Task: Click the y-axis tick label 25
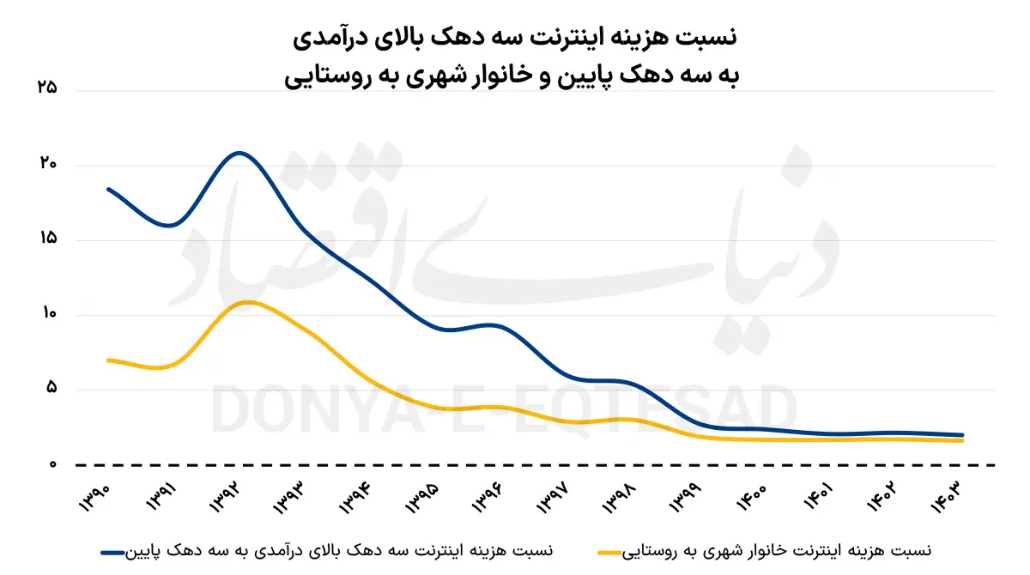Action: pos(48,88)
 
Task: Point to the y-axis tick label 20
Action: pos(48,164)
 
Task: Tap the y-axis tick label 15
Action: pos(48,239)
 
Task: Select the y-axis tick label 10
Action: pos(48,314)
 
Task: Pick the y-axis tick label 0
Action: pos(52,464)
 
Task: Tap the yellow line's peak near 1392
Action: pos(247,302)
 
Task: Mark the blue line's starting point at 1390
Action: pos(108,189)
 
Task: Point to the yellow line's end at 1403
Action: pos(963,440)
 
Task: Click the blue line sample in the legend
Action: pos(113,550)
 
